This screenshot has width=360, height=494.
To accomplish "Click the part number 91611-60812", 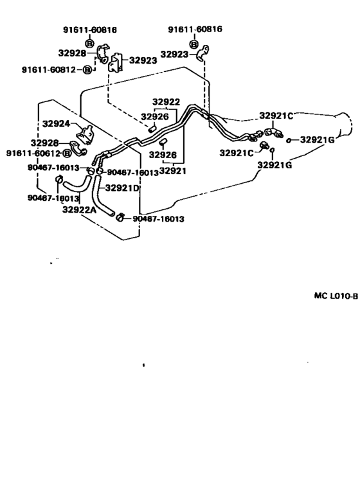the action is coord(49,69).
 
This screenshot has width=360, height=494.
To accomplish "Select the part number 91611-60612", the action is coord(33,153).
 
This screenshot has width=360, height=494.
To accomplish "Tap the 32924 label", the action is coord(56,124).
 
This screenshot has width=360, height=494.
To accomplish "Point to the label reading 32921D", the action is coord(122,188).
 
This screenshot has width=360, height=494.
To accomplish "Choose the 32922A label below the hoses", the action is coord(79,209).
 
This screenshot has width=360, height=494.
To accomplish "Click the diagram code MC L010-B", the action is coord(336,296).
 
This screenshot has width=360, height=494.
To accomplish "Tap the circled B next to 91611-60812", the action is coord(87,69).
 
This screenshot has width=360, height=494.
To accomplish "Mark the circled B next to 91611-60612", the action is coord(67,154).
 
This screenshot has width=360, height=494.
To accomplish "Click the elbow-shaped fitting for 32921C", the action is coord(273,132).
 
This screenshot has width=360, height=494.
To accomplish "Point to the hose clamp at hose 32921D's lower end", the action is coord(120,217).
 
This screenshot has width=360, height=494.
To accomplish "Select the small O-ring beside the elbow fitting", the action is coord(288,141).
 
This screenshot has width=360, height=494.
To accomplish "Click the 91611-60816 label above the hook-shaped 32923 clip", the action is coord(195,30).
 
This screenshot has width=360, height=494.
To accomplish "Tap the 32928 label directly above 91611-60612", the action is coord(44,143).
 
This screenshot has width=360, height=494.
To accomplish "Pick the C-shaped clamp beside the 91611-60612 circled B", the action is coord(78,148).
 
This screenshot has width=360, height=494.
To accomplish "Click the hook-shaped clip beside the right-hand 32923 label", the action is coord(203,53).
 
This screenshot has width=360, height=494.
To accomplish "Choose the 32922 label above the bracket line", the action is coord(166,101).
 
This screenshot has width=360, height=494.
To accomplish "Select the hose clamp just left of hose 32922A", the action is coord(59,179).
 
